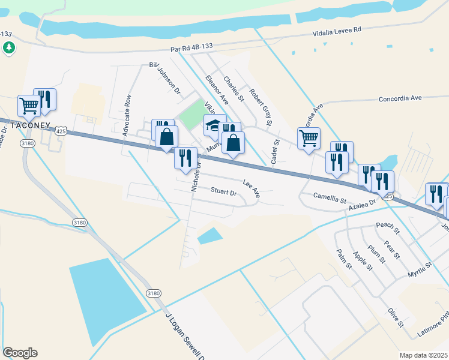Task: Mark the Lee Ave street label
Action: (252, 189)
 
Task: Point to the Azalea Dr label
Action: (363, 203)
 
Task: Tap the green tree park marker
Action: (9, 47)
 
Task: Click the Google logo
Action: (20, 353)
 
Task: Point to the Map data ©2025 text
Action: (424, 355)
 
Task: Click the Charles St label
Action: (234, 88)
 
